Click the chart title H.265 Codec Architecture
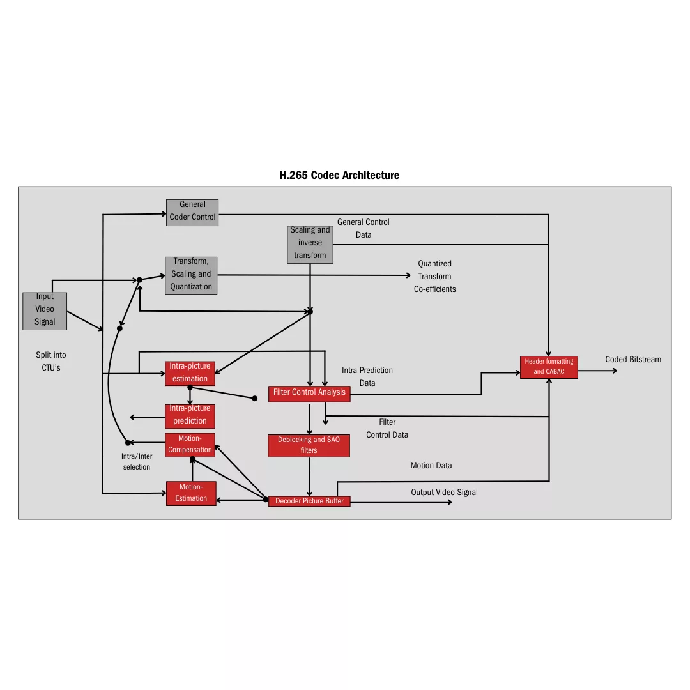click(339, 175)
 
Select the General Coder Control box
click(192, 212)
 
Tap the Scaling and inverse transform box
click(310, 243)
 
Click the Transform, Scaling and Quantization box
click(191, 275)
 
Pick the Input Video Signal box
click(45, 310)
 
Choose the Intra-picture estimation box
click(190, 373)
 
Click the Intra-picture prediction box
click(190, 416)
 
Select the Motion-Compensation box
click(190, 445)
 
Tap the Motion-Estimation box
click(191, 493)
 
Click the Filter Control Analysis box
click(309, 394)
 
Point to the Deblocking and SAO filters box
click(309, 445)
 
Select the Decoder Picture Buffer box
click(309, 502)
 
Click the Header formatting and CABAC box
click(549, 367)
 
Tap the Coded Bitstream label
click(633, 360)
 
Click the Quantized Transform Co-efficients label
click(434, 276)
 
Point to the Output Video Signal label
click(444, 492)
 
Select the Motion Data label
click(431, 466)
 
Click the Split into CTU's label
click(50, 362)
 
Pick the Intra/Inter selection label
click(137, 461)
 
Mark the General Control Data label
click(363, 228)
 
